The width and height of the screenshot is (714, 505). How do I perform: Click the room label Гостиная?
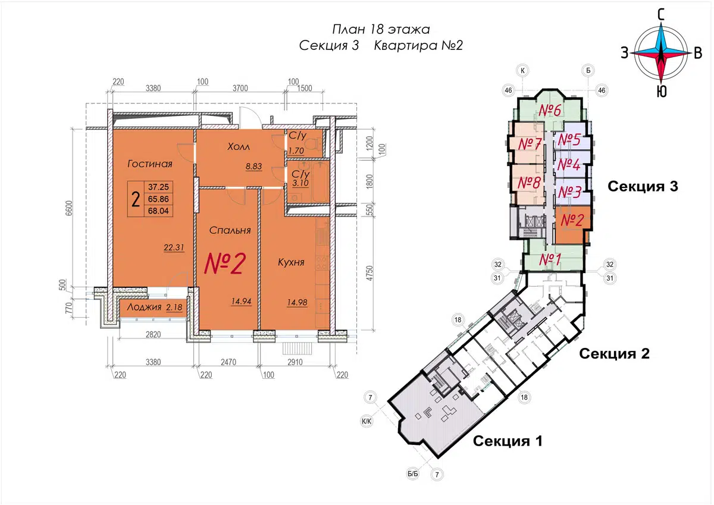click(150, 164)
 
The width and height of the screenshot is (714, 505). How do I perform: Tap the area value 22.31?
click(174, 247)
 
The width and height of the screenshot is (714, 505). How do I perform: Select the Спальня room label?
click(230, 230)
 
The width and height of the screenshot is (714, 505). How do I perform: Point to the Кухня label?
click(291, 262)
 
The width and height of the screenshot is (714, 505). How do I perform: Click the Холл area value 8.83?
click(253, 167)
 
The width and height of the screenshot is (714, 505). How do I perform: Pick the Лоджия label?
click(144, 307)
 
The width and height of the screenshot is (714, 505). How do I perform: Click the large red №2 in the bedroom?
click(225, 264)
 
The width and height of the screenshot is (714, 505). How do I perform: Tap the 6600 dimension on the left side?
click(69, 208)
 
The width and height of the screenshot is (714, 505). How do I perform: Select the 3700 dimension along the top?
click(240, 88)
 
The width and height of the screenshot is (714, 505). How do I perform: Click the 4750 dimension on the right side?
click(369, 273)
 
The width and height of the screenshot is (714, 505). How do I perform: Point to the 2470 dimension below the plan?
click(228, 362)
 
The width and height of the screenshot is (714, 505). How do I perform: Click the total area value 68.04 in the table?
click(158, 211)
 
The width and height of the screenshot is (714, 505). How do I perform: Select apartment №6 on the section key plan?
click(550, 110)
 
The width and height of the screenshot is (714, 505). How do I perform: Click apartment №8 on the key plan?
click(529, 183)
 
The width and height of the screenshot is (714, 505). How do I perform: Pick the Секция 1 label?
click(508, 441)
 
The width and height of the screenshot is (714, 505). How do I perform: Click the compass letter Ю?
click(662, 92)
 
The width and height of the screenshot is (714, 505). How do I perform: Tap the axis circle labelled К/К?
click(367, 422)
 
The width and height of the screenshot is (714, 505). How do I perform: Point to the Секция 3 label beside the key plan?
click(643, 186)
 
